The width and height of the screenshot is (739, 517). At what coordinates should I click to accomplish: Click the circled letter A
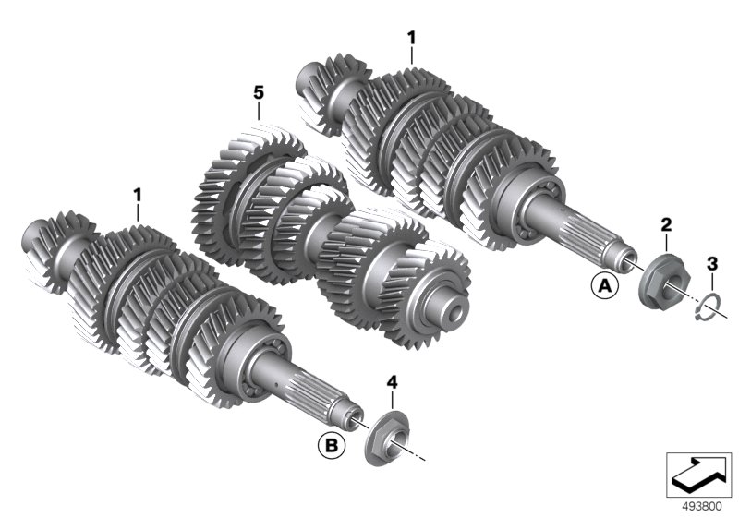(x=605, y=285)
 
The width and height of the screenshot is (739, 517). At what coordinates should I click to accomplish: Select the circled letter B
(x=332, y=445)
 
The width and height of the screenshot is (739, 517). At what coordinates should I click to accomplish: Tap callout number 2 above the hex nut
(x=666, y=225)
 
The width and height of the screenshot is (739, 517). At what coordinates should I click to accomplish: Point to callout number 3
(x=712, y=264)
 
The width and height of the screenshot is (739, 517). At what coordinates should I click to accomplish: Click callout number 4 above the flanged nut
(x=392, y=382)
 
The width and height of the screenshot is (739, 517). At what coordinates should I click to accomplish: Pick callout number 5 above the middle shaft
(x=259, y=92)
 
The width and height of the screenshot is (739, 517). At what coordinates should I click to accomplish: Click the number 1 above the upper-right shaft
(x=412, y=38)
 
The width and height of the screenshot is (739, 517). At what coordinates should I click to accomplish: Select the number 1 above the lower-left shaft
(x=137, y=195)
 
